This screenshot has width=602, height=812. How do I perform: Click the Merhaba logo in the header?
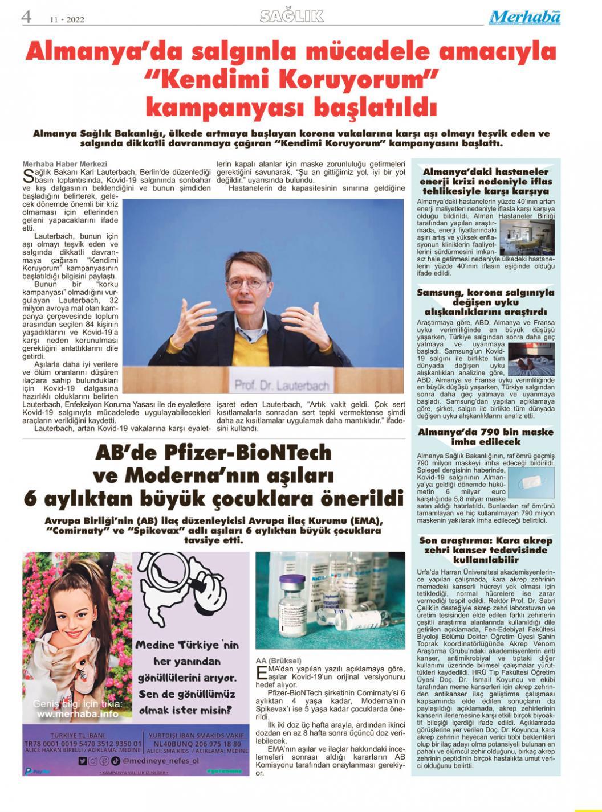(524, 18)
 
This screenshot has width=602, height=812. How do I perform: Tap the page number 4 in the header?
(26, 17)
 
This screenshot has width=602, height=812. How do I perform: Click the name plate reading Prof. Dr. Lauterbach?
(282, 386)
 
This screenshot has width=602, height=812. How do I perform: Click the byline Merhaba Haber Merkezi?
(64, 164)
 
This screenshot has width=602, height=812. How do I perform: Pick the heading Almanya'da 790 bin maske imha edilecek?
(486, 437)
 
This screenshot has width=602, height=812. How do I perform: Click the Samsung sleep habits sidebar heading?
(486, 302)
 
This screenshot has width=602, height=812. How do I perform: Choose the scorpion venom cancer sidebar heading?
(486, 550)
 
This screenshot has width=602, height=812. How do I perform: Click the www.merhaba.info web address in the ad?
(78, 714)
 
